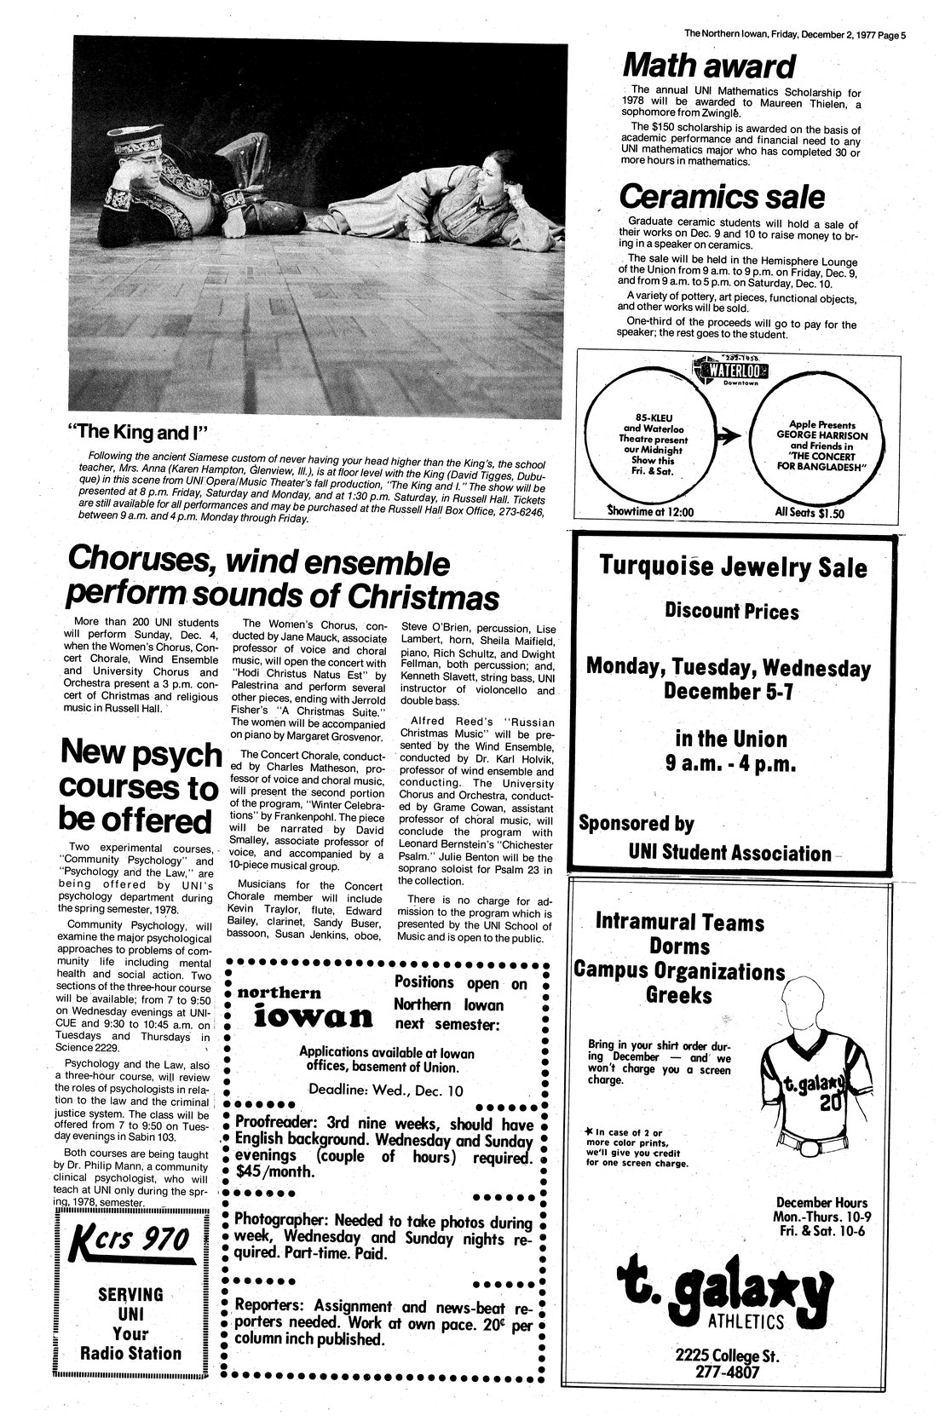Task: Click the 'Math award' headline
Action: pos(708,66)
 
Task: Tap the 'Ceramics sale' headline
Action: pos(721,197)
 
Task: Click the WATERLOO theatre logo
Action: pos(731,370)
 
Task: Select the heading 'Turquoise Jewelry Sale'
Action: pos(733,567)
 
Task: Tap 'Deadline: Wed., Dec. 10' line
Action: pos(386,1089)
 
